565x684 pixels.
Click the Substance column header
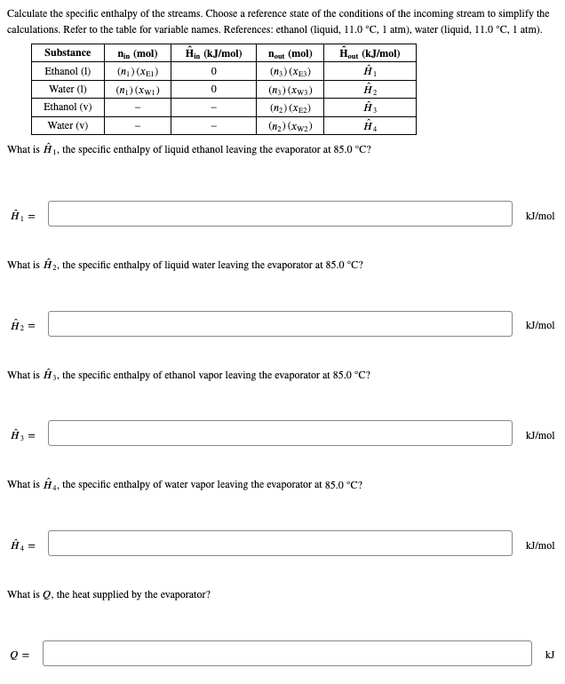pos(68,53)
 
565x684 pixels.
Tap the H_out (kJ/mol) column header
pos(370,53)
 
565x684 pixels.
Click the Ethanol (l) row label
pos(68,71)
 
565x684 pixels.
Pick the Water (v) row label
pos(68,125)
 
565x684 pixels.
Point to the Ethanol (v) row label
pos(68,107)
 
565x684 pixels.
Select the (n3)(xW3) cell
pos(290,90)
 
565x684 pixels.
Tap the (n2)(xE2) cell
pos(290,107)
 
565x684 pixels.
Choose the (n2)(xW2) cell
pos(290,126)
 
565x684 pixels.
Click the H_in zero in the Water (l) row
pos(214,90)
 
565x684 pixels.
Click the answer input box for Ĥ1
pos(280,214)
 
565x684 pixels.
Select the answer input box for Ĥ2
pos(280,324)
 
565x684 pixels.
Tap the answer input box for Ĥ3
pos(280,433)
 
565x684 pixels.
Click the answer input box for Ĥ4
pos(280,544)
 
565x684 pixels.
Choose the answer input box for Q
pos(286,654)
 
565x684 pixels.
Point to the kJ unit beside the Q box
pos(549,655)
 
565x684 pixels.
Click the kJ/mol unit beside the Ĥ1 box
pos(539,216)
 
